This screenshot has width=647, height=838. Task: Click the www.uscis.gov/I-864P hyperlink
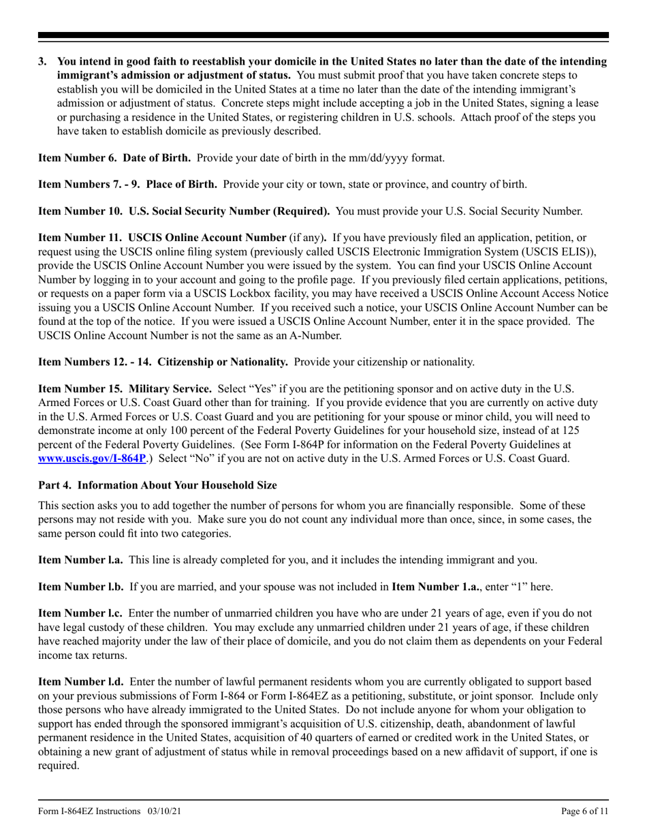click(x=91, y=458)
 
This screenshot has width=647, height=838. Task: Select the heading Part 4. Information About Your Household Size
click(x=157, y=485)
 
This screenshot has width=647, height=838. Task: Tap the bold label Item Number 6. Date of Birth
click(x=114, y=157)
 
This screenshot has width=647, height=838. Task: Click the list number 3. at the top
click(x=43, y=61)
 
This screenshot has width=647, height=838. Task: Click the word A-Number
click(x=313, y=335)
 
